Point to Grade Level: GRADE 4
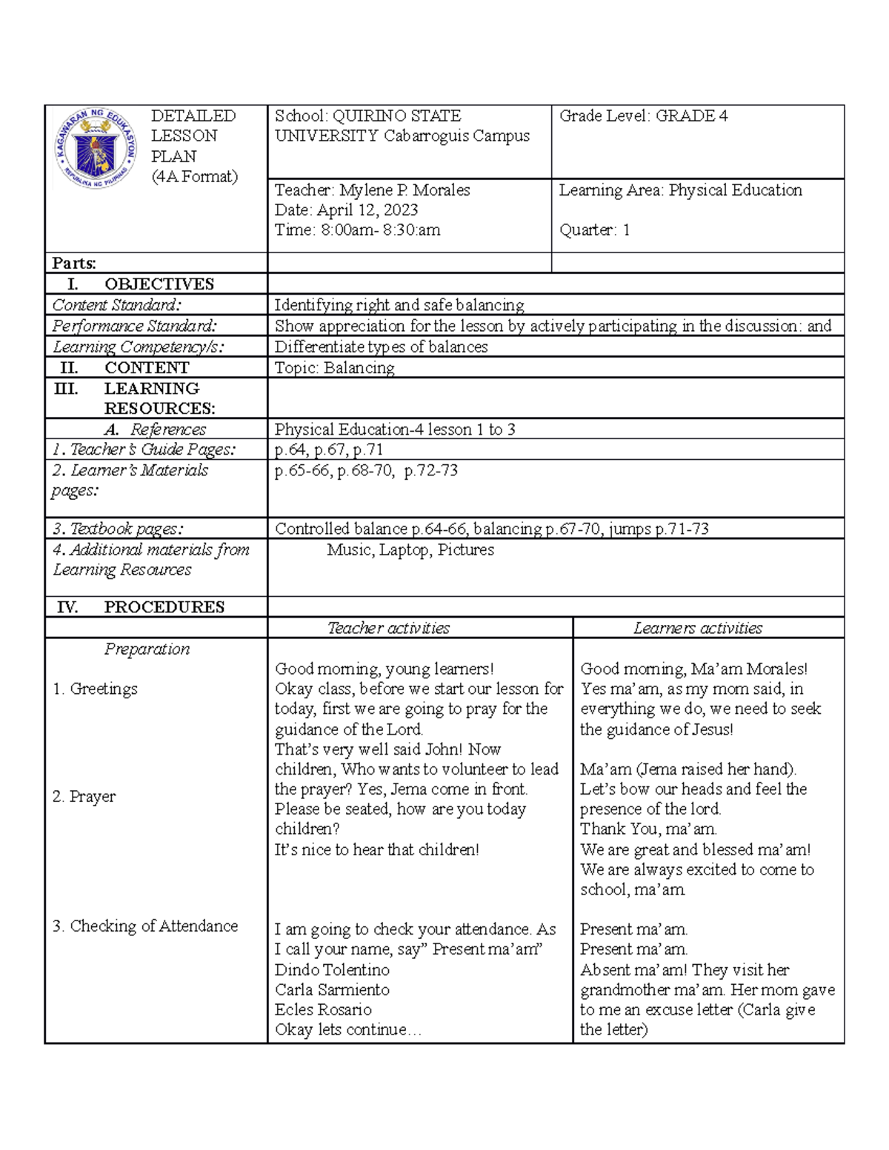tap(643, 116)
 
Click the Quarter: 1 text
tap(594, 230)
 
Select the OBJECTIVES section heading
tap(159, 284)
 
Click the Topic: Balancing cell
tap(334, 368)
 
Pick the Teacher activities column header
tap(388, 629)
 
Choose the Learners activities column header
tap(697, 629)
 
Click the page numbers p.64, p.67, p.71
tap(328, 449)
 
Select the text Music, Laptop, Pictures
tap(410, 550)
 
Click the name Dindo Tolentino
tap(332, 970)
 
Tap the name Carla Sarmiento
tap(332, 990)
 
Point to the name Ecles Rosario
tap(323, 1010)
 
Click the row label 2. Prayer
tap(84, 797)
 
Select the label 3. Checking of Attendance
tap(145, 926)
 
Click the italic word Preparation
tap(147, 649)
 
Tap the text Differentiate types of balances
tap(381, 347)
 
